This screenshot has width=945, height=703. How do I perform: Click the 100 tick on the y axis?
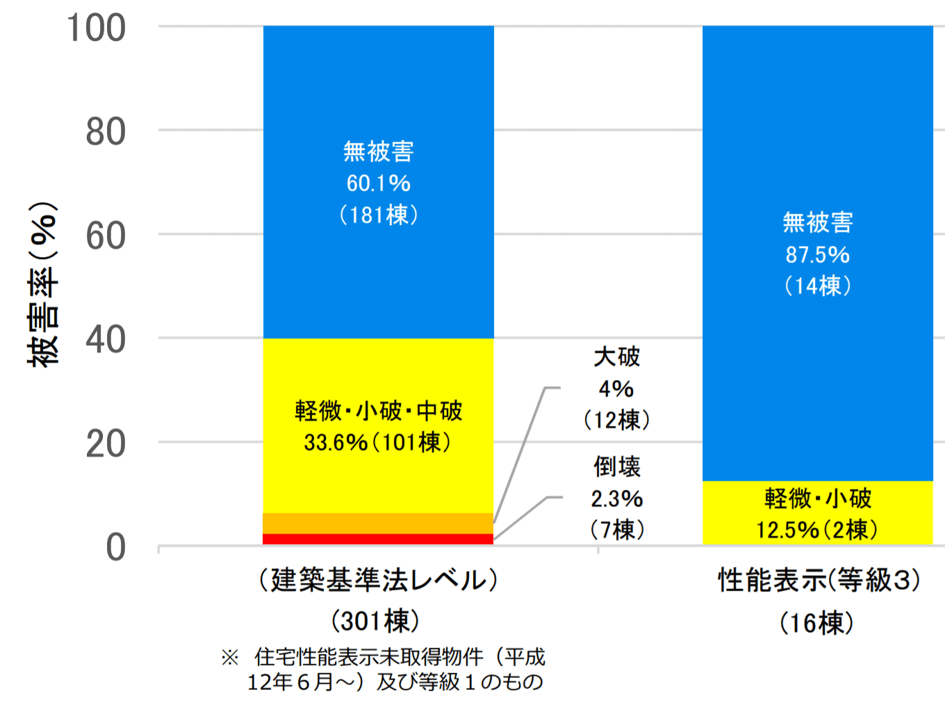[97, 28]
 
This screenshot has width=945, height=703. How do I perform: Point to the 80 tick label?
[106, 132]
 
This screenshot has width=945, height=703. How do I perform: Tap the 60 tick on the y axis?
[106, 236]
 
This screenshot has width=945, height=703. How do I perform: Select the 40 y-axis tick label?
[106, 340]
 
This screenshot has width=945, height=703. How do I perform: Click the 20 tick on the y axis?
[106, 444]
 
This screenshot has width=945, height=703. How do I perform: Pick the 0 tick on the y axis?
[115, 548]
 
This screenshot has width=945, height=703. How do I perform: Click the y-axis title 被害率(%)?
[42, 285]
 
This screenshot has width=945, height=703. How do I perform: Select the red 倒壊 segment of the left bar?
[378, 539]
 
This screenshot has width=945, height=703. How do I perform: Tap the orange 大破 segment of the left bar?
[378, 523]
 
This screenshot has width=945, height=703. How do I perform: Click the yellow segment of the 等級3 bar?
[817, 513]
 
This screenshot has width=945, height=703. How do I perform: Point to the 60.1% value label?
[378, 183]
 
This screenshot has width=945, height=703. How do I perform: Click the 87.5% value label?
[817, 255]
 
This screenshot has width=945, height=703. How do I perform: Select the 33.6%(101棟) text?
[378, 443]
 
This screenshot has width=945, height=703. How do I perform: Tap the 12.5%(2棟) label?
[817, 531]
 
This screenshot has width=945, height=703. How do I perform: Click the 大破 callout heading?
[616, 357]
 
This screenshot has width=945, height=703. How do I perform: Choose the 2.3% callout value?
[616, 499]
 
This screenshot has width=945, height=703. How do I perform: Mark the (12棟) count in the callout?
[616, 420]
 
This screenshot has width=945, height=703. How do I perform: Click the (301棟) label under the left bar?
[375, 621]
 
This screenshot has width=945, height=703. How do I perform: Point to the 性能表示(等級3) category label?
[819, 580]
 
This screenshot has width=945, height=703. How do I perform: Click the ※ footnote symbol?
[229, 657]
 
